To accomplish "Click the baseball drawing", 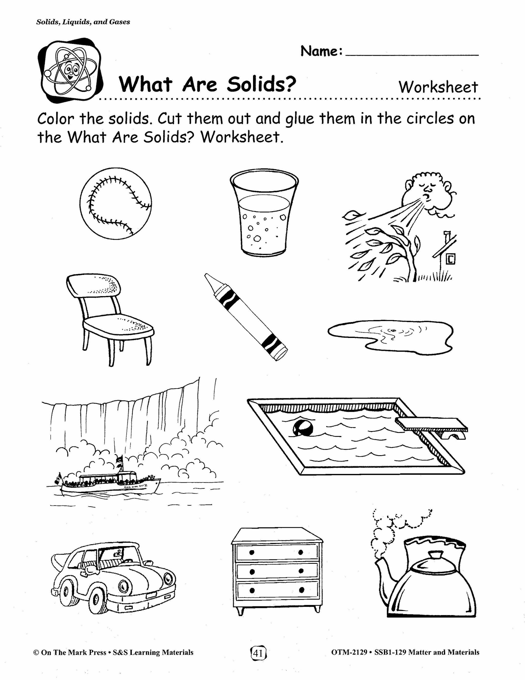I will [x=116, y=203].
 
